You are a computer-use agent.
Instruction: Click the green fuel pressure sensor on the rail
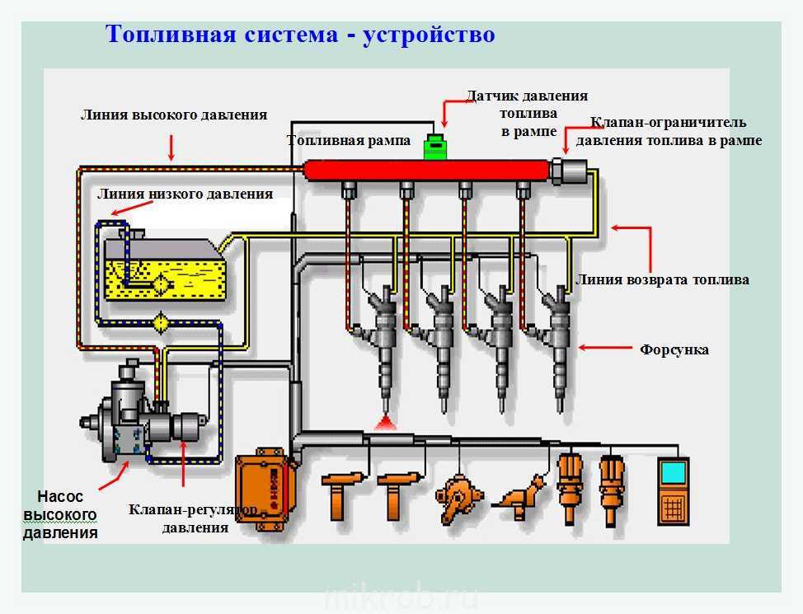(x=435, y=147)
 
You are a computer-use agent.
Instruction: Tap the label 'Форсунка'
(x=674, y=349)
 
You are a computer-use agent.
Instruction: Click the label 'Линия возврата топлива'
(x=663, y=279)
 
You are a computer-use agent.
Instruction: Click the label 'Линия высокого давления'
(x=173, y=115)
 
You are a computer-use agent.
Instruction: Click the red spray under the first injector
(x=383, y=424)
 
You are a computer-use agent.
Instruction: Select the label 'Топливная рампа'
(x=349, y=141)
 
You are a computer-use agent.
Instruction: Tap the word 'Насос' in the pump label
(x=60, y=496)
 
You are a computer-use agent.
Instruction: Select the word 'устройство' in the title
(x=429, y=35)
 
